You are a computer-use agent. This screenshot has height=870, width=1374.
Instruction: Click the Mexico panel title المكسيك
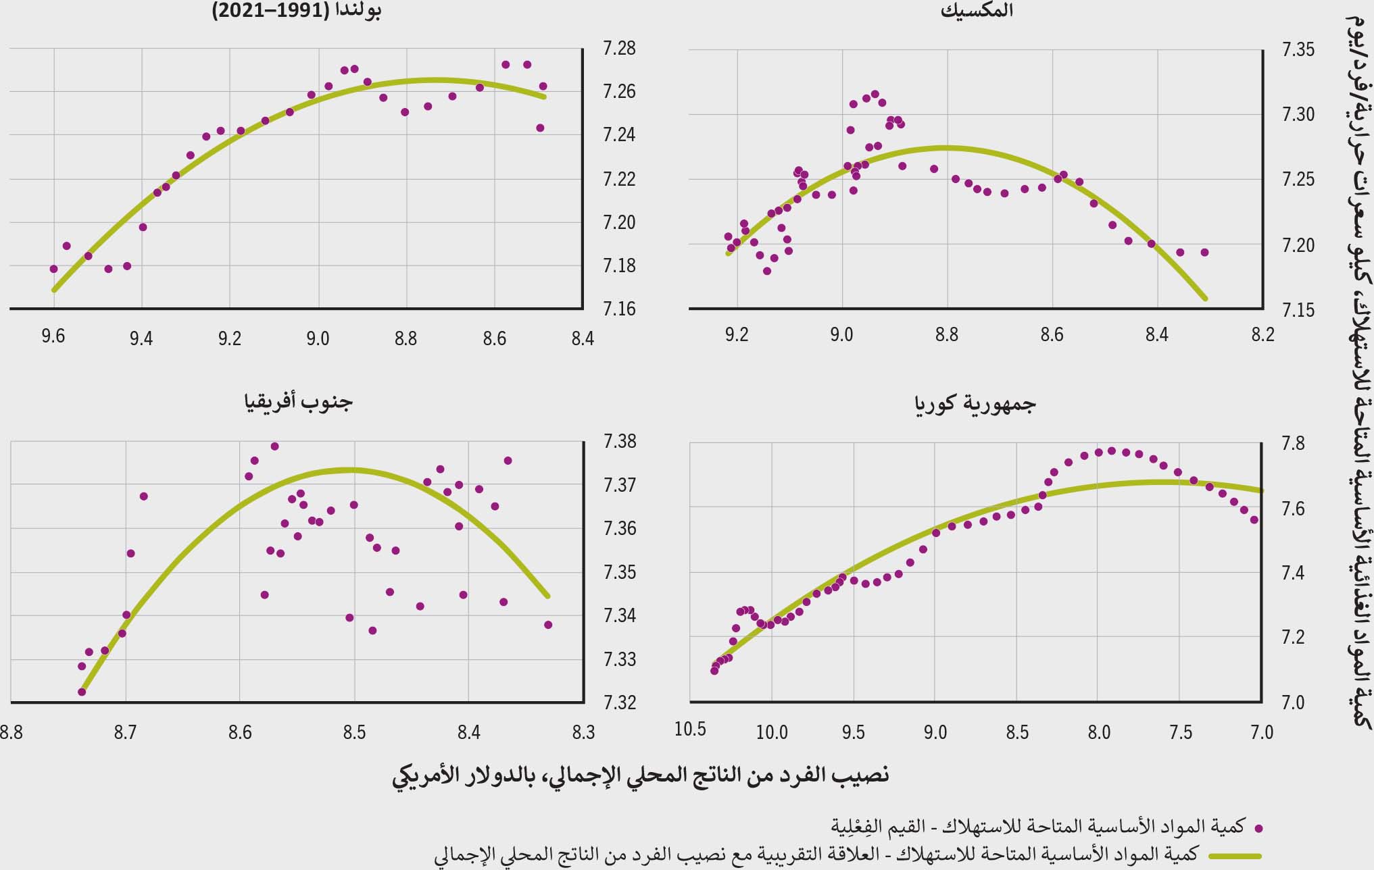pyautogui.click(x=976, y=12)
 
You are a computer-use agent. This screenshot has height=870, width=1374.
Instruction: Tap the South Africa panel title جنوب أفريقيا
pyautogui.click(x=298, y=403)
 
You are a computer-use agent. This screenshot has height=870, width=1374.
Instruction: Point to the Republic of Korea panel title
pyautogui.click(x=975, y=404)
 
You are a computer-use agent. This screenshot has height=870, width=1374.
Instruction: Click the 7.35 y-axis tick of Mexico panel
pyautogui.click(x=1298, y=50)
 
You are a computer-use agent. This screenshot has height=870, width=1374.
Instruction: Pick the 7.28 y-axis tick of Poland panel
pyautogui.click(x=619, y=49)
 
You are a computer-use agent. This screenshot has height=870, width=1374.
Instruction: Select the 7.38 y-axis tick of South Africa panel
pyautogui.click(x=619, y=442)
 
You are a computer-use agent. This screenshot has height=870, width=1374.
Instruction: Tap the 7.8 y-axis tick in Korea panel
pyautogui.click(x=1292, y=444)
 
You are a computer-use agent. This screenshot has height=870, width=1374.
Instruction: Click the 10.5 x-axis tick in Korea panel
pyautogui.click(x=690, y=730)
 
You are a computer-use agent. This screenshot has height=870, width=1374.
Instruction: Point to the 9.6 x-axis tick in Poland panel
pyautogui.click(x=53, y=337)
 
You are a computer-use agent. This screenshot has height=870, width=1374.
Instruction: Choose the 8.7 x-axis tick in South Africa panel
pyautogui.click(x=125, y=732)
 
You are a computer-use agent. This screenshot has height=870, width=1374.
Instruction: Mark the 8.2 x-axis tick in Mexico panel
pyautogui.click(x=1262, y=336)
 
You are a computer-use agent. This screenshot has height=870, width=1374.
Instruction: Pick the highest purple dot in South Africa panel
pyautogui.click(x=274, y=446)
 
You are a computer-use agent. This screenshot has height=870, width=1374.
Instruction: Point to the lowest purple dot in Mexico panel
pyautogui.click(x=767, y=271)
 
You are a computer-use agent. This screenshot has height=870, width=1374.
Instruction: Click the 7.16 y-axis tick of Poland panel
pyautogui.click(x=619, y=309)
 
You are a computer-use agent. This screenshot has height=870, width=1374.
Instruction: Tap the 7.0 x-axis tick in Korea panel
pyautogui.click(x=1262, y=732)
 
